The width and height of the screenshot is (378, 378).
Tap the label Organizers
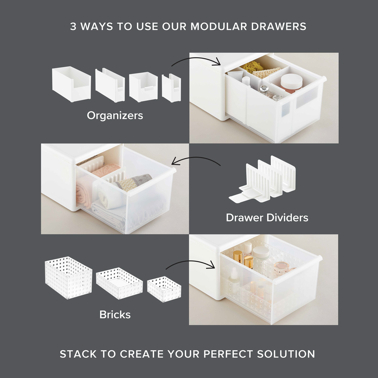click(x=115, y=116)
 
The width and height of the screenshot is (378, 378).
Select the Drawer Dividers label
click(x=267, y=218)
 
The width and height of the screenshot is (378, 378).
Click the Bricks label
click(x=115, y=315)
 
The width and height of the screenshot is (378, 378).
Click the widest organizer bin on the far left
click(x=72, y=84)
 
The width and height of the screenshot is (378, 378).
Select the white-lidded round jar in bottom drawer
click(x=261, y=252)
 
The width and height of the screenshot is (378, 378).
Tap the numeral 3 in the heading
click(x=73, y=26)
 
